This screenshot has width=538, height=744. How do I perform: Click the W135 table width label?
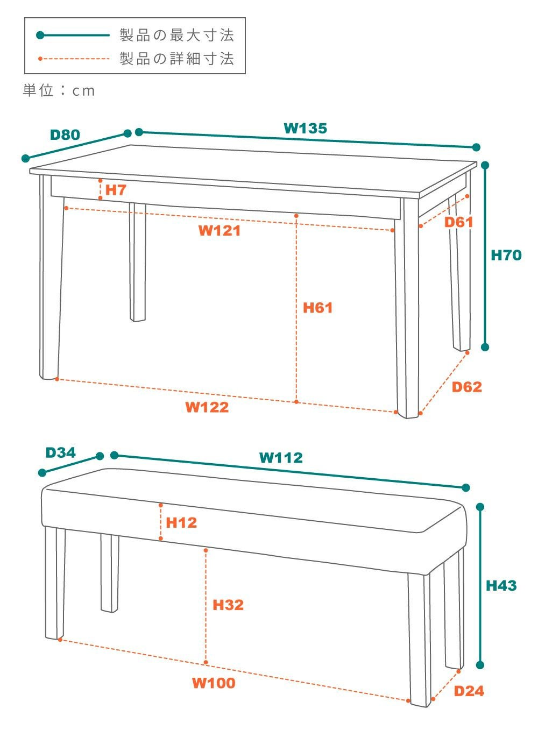306,128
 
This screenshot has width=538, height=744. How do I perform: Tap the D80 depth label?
65,134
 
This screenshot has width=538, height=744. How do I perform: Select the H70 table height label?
506,255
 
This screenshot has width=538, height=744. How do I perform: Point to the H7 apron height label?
116,190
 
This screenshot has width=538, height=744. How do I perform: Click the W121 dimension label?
220,230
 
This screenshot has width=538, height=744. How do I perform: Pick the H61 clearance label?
317,308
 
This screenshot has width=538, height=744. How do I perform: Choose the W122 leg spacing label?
207,407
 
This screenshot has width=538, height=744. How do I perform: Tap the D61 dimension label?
458,222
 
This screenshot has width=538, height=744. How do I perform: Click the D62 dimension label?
466,387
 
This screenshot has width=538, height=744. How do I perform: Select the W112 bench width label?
281,458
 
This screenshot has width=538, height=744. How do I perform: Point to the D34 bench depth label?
60,452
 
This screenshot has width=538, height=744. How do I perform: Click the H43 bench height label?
501,585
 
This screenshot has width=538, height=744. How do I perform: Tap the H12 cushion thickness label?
181,522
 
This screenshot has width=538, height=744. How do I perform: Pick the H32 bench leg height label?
228,605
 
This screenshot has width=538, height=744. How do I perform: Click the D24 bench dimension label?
469,691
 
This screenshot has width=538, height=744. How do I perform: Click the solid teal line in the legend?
73,35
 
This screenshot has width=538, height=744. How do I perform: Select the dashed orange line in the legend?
74,59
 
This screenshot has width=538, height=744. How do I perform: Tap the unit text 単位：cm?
59,90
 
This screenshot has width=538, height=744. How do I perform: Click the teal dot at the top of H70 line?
485,165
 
